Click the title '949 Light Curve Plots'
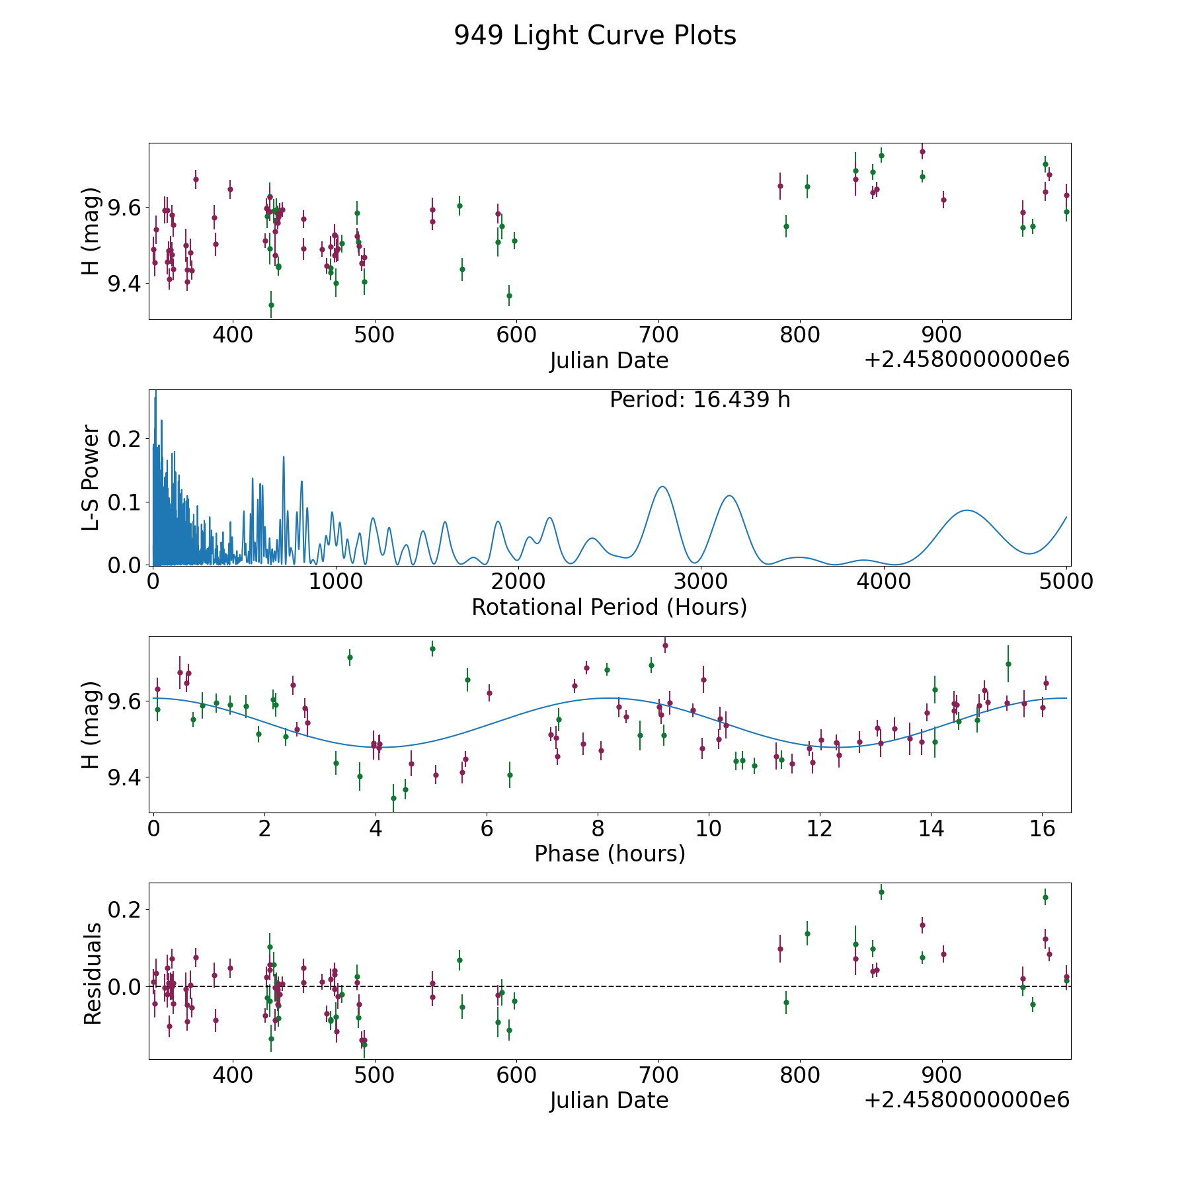coord(594,36)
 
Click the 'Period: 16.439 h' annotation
coord(699,400)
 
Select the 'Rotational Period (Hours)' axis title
coord(609,607)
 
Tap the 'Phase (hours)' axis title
coord(609,853)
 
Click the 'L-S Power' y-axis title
coord(92,477)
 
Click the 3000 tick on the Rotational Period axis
coord(699,582)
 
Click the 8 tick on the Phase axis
coord(598,828)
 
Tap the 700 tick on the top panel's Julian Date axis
coord(658,335)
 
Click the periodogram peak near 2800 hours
coord(662,487)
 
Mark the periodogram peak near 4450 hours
coord(967,510)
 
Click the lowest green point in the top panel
coord(271,305)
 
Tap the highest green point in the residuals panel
coord(881,892)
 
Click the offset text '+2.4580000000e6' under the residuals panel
coord(967,1100)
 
